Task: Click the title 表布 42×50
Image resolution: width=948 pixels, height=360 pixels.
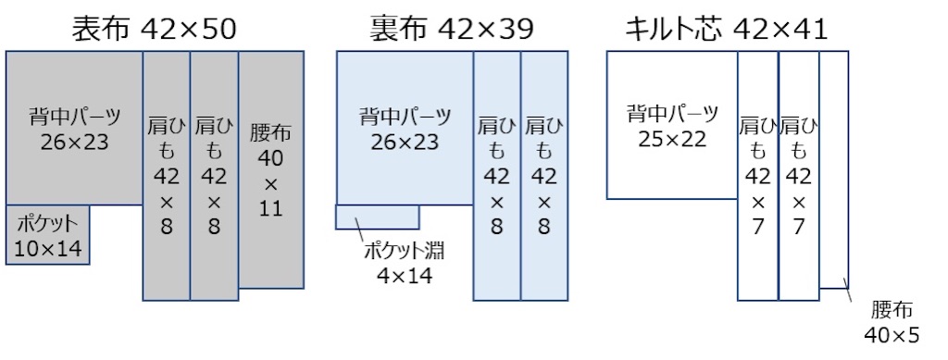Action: (x=155, y=30)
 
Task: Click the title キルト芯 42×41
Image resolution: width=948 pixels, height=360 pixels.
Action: (x=725, y=30)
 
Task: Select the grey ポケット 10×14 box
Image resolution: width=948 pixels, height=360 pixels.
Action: (x=47, y=235)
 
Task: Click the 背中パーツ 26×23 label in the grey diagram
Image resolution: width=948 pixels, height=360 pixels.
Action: (x=75, y=130)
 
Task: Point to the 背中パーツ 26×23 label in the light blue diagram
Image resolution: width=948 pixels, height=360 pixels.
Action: (x=405, y=130)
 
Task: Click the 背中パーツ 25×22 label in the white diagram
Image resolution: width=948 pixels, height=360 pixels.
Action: (x=671, y=126)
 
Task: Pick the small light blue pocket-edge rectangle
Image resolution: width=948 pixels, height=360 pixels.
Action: (x=377, y=217)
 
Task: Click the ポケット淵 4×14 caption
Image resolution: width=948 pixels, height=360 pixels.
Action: (x=399, y=263)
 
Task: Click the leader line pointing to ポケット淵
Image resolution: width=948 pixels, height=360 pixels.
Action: (x=363, y=237)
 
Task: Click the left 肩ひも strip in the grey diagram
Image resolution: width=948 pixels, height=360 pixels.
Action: (x=167, y=176)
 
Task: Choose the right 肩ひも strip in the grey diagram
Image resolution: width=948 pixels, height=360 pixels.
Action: (x=214, y=176)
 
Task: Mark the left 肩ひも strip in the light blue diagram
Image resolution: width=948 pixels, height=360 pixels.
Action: (x=496, y=176)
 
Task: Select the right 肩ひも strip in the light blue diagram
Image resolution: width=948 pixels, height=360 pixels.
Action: (x=544, y=176)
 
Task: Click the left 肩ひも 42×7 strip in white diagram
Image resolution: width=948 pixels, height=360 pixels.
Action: (x=757, y=176)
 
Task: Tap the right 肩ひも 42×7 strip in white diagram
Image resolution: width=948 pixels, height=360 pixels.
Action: (x=798, y=176)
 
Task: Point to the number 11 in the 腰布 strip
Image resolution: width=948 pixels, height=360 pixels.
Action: (x=269, y=209)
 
